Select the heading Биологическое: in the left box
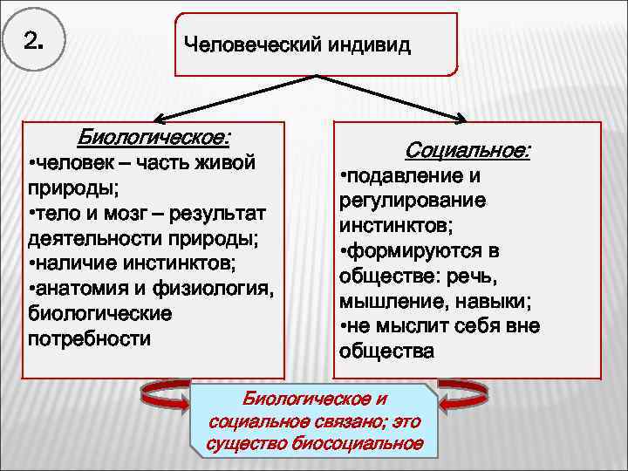click(154, 137)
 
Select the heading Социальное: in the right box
click(467, 150)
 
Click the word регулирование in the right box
click(401, 201)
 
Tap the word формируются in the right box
click(413, 251)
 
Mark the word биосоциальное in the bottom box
click(365, 444)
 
